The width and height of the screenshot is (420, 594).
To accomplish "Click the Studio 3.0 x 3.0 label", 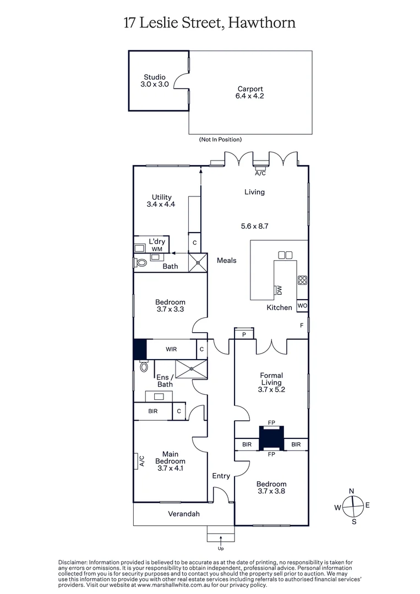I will coord(155,81).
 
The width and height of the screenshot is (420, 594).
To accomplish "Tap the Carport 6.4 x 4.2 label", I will coord(250,92).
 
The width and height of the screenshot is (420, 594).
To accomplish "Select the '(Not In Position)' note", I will coord(220,140).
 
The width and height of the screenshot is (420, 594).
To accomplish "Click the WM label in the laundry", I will coord(157,249).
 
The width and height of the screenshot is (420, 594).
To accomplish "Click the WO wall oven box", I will coord(302,305).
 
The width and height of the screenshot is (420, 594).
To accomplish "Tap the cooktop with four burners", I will coord(302,280).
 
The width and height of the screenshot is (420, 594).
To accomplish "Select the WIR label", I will coord(171,349).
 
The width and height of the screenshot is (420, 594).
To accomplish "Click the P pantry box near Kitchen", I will coord(243,334).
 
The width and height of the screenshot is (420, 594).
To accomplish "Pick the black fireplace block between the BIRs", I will coord(271,438).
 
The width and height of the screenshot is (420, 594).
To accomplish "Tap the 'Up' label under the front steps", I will coord(221,548).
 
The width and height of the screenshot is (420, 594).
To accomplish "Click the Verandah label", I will coord(184,514).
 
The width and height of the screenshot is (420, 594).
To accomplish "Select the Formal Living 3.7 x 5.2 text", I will coord(271,383).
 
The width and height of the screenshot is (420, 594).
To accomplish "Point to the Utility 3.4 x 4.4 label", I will coord(161,201).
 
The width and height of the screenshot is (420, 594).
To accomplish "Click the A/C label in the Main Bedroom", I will coord(141,460).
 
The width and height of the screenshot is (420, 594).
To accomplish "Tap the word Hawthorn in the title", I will coord(261,23).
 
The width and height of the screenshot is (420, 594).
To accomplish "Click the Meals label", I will coord(226,260).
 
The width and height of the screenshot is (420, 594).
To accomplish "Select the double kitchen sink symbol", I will coord(285,255).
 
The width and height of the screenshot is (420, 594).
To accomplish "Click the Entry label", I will coord(221,476).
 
